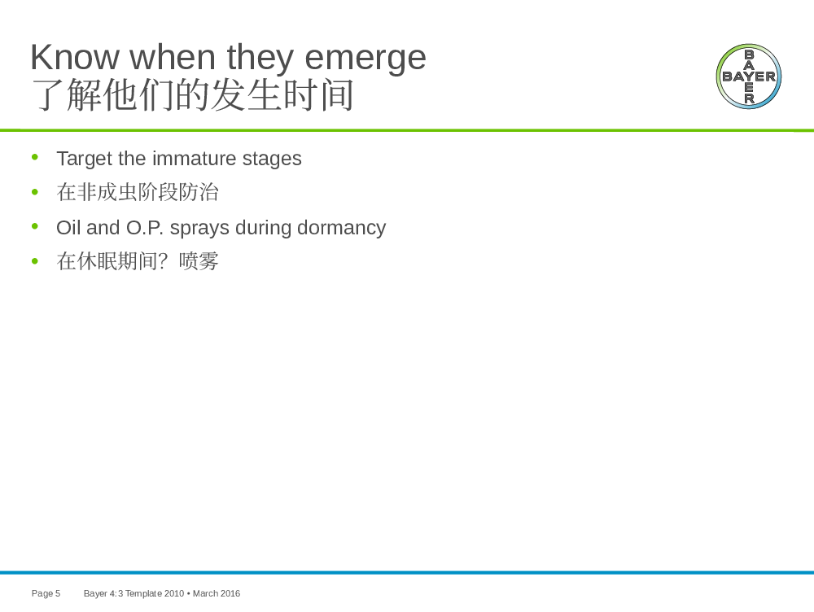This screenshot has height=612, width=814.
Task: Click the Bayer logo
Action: click(749, 76)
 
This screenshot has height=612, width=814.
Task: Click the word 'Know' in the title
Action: click(75, 57)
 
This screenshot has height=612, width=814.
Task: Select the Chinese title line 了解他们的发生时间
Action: click(193, 94)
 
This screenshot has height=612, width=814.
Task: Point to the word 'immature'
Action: click(195, 159)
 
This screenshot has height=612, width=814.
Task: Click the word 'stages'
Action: click(272, 160)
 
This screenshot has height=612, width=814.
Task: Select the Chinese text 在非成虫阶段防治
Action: click(138, 192)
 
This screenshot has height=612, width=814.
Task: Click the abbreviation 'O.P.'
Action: click(145, 227)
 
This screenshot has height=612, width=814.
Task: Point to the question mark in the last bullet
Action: click(163, 260)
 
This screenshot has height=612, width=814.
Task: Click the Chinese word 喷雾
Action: click(199, 261)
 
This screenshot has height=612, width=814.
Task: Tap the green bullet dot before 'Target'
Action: click(35, 157)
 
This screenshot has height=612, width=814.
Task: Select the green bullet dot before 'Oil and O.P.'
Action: click(35, 225)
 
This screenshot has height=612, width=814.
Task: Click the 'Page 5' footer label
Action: click(46, 593)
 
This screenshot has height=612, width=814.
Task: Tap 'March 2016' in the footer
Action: click(217, 593)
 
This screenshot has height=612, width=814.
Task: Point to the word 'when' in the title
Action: click(173, 57)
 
